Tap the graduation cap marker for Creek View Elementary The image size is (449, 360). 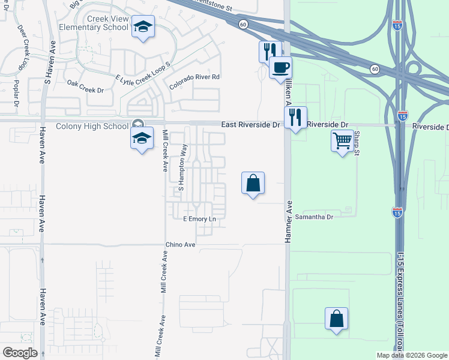point(143,27)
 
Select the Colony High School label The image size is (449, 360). point(92,126)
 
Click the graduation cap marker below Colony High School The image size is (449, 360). point(141,139)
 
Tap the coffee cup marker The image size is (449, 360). point(280,67)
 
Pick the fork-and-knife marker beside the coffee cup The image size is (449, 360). point(269,52)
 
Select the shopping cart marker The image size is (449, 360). point(342,141)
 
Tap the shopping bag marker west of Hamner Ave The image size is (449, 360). point(253,183)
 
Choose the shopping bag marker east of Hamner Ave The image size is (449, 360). point(336,319)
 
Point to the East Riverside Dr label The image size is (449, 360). point(250,125)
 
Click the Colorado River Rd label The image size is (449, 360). point(194,82)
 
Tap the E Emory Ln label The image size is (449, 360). point(199,219)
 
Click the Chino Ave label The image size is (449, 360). point(181,245)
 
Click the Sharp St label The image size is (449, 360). point(356,144)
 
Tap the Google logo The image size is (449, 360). point(20,353)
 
